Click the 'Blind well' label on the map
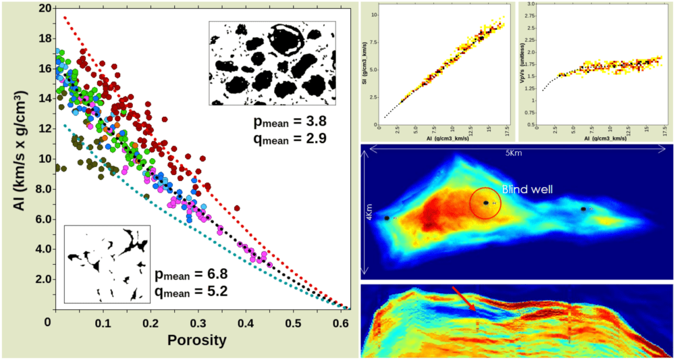[x=527, y=190]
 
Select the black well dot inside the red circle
[x=485, y=203]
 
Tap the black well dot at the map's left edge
[x=387, y=218]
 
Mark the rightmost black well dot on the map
[x=583, y=209]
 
